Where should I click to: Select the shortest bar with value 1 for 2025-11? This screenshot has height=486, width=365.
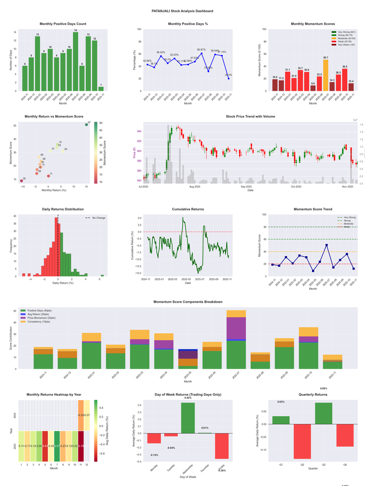coord(101,88)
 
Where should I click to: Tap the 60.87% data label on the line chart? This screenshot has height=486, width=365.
coord(201,49)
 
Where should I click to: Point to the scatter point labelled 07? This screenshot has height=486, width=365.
coord(86,124)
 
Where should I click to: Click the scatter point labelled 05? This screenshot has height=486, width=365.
coord(21,181)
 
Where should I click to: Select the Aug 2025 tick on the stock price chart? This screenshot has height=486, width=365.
coord(195,186)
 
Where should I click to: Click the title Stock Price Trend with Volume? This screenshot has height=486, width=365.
coord(250,117)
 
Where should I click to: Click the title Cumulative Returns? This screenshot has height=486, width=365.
coord(188,209)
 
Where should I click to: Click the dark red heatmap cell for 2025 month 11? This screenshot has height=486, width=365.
coord(81,446)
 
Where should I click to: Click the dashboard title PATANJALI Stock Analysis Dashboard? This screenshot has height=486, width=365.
coord(182,11)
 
